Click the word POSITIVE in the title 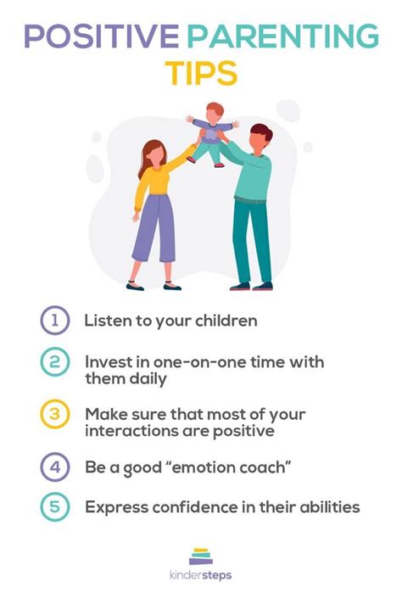click(102, 36)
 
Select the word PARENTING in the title click(283, 36)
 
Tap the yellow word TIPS click(201, 73)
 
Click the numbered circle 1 click(55, 320)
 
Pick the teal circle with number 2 click(55, 362)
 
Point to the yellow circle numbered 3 click(55, 414)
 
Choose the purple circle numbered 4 click(55, 466)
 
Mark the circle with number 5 click(55, 506)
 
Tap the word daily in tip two click(148, 379)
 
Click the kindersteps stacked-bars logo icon click(201, 556)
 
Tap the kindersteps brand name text click(201, 576)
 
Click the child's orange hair click(215, 108)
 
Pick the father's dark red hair click(262, 131)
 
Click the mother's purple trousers click(154, 227)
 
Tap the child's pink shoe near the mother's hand click(191, 159)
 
